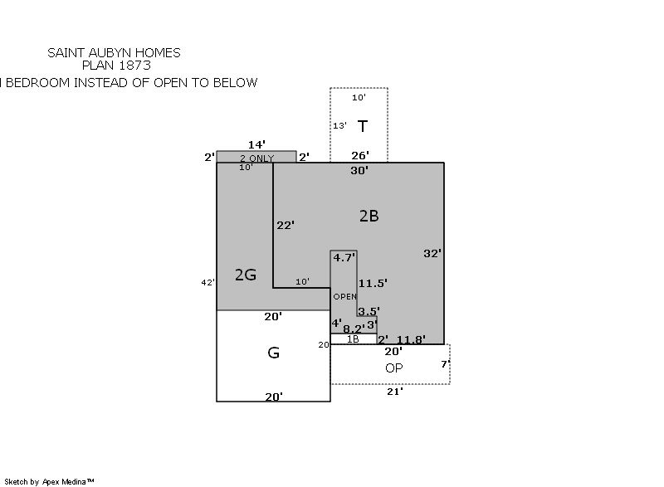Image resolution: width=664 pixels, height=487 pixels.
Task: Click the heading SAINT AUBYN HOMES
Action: (x=114, y=53)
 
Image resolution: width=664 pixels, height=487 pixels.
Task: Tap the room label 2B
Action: (x=369, y=216)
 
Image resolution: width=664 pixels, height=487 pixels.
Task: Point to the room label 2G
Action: (x=245, y=275)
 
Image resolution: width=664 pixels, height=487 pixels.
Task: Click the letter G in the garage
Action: (x=273, y=353)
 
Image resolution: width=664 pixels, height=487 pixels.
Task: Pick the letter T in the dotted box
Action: (x=363, y=126)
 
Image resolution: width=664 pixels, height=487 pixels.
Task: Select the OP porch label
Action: (x=394, y=368)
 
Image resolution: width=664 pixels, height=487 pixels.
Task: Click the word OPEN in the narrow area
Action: (x=344, y=297)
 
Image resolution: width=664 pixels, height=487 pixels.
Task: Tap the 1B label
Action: (x=353, y=339)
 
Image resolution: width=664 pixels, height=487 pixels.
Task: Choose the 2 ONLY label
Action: (x=256, y=158)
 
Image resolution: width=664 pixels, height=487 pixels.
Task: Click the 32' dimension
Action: (x=432, y=253)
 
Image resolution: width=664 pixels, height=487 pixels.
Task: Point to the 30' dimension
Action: (x=359, y=170)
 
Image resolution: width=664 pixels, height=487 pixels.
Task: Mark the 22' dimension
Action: (x=285, y=225)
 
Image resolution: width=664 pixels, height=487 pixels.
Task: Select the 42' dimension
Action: (x=207, y=283)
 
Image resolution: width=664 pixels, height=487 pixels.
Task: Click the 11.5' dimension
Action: (x=373, y=283)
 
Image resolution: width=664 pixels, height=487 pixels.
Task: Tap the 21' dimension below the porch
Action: (x=395, y=391)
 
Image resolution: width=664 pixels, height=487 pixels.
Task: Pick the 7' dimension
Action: (x=444, y=364)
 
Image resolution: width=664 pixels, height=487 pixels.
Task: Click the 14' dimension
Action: (x=256, y=144)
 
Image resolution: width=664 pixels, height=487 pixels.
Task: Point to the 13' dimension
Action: (x=339, y=126)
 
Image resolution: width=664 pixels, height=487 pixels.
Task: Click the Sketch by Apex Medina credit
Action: (x=50, y=481)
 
